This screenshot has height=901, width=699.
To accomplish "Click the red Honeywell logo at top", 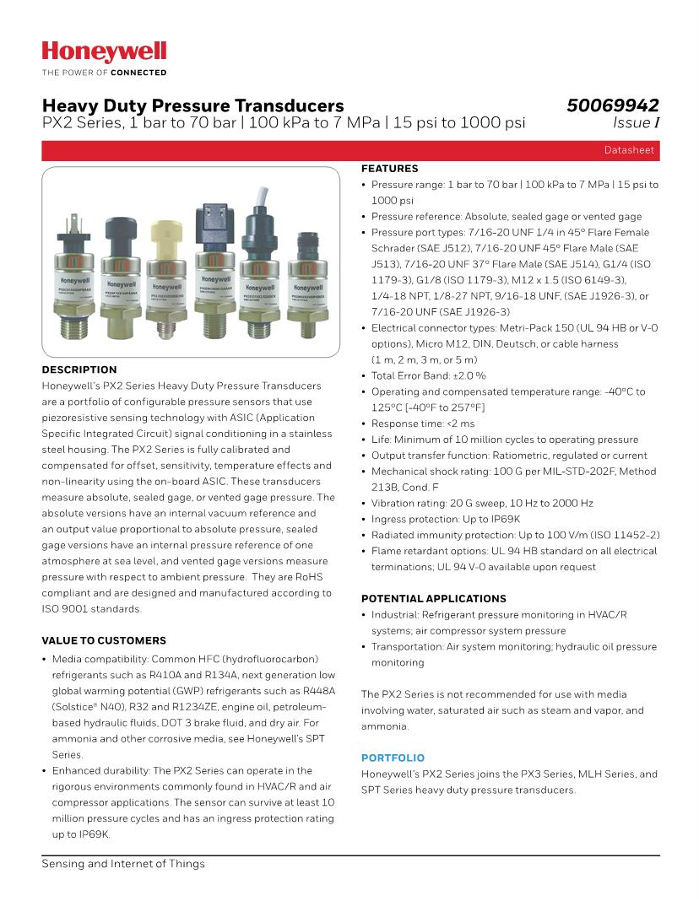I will coord(104,52).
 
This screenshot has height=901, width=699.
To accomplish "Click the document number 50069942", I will coord(612,105).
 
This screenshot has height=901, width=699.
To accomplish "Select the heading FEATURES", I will coord(389,169).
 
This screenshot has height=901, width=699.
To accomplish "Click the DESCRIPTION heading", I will coord(79,370).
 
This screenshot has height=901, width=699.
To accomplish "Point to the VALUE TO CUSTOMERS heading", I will coord(104,640).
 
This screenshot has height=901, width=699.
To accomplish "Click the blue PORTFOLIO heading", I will coord(393,758).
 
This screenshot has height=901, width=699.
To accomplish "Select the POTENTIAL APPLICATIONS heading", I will coord(433,598).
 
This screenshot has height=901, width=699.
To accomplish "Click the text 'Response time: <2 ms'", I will coord(423,424).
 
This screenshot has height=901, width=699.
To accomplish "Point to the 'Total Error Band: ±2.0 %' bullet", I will coord(428,375).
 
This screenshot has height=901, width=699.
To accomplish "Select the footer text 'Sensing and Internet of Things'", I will coord(123,864).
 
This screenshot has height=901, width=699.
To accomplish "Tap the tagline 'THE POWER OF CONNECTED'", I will coord(104,73).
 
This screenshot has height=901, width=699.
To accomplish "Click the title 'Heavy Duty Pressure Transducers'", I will coord(193,105).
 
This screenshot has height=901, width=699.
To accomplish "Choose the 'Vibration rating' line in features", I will coord(482,503).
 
